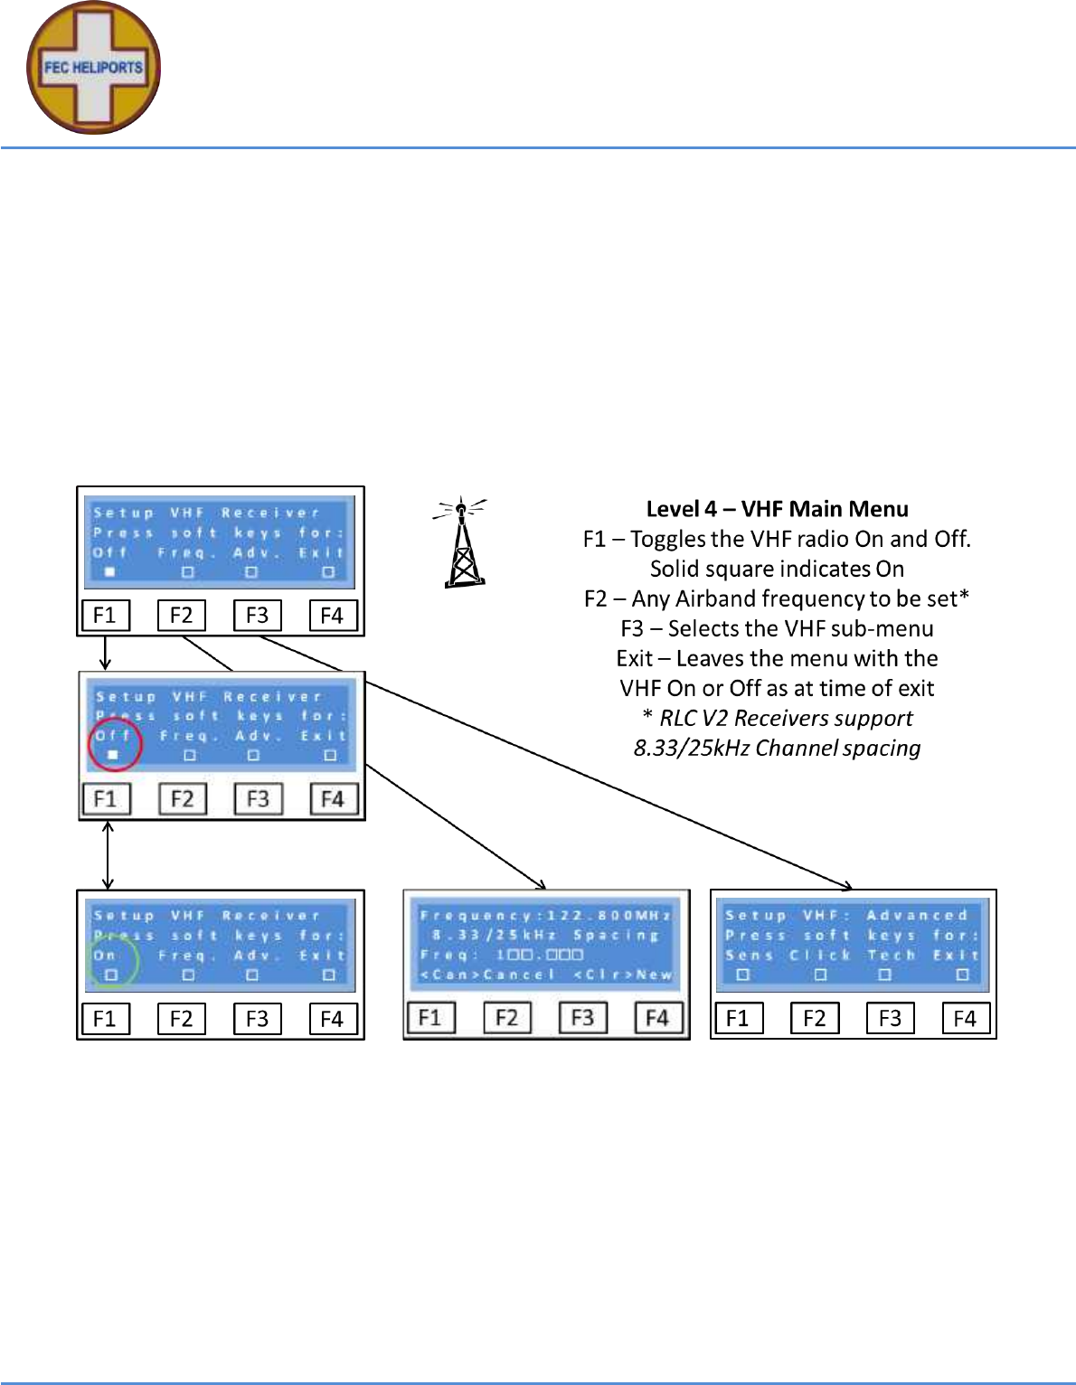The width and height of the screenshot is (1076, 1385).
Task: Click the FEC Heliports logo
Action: [x=94, y=68]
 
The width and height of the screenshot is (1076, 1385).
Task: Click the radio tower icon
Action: [x=463, y=542]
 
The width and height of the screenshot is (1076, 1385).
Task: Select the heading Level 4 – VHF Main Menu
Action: [x=777, y=509]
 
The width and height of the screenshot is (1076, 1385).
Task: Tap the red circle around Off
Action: [x=115, y=743]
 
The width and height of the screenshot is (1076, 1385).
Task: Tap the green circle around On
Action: [x=112, y=962]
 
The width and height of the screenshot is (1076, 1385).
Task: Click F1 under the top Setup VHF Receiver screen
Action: [x=106, y=616]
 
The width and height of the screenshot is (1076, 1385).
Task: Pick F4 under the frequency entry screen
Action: [x=657, y=1018]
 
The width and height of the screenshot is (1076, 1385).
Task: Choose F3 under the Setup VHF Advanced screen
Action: [x=891, y=1019]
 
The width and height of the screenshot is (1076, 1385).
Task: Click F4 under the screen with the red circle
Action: [x=333, y=799]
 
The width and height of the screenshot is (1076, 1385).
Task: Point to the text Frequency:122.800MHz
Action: [x=545, y=916]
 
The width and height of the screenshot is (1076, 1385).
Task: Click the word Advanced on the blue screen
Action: [x=917, y=916]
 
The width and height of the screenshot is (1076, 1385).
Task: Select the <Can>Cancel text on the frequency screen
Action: [x=487, y=975]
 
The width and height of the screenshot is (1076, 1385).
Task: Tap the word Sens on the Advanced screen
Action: [x=750, y=955]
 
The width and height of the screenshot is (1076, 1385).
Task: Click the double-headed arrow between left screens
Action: [x=108, y=854]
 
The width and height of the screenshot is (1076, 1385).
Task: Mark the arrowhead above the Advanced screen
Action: [x=847, y=885]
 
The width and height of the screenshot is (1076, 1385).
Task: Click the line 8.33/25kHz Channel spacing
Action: [x=777, y=749]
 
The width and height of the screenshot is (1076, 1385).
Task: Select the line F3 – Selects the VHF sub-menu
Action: [x=777, y=628]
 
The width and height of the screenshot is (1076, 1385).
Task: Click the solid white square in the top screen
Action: [x=110, y=571]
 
